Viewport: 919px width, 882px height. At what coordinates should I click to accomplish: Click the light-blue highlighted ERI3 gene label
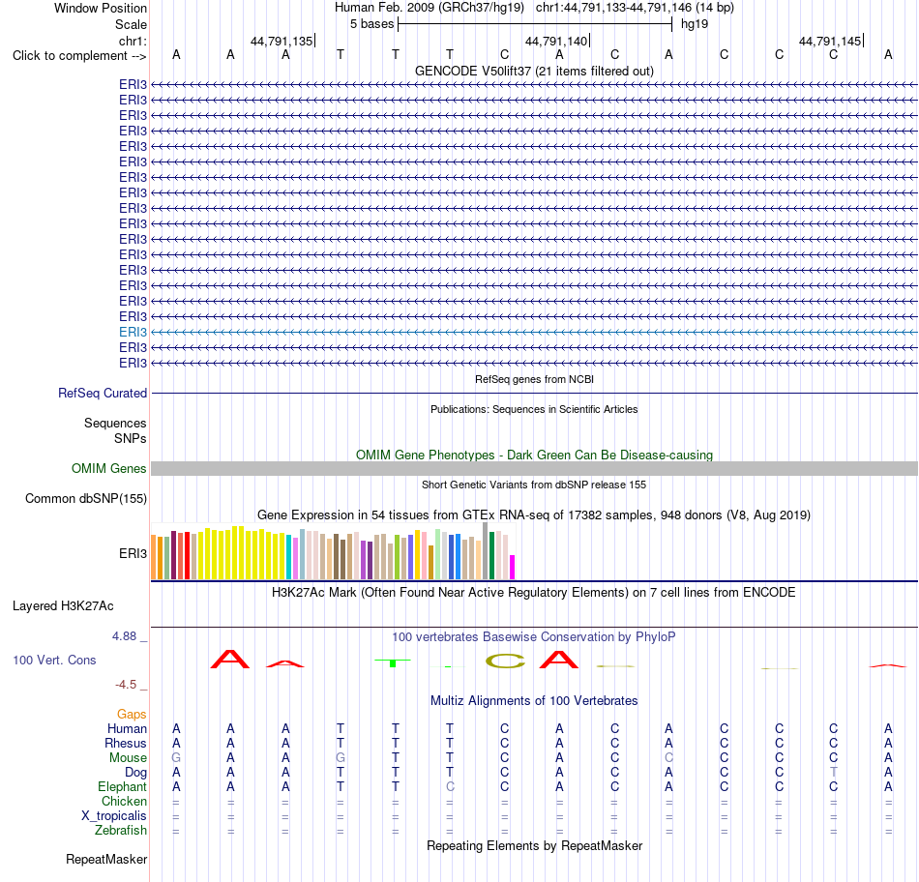point(133,333)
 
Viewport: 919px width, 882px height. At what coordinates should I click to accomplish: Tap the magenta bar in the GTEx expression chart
point(513,567)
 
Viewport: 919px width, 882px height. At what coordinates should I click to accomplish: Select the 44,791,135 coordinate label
point(282,41)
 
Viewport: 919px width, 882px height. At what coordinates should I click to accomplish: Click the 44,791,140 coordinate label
point(556,41)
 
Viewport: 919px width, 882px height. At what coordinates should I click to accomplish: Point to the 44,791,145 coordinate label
point(830,41)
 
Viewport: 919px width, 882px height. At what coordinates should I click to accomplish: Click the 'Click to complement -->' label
point(79,56)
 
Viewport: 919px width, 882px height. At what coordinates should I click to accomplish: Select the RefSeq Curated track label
point(103,393)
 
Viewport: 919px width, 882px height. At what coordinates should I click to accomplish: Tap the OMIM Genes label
point(109,468)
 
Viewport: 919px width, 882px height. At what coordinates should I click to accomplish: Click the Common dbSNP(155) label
point(86,499)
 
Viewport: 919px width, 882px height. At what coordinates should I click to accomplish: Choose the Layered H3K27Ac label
point(63,606)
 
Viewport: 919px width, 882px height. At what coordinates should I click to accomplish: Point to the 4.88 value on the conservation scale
point(124,635)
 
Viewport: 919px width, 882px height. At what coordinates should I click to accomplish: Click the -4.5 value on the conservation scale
point(126,685)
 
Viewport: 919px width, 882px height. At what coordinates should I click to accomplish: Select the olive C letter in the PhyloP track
point(505,661)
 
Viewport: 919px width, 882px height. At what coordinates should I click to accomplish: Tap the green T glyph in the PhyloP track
point(394,662)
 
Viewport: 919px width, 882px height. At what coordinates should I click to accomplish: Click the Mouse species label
point(128,758)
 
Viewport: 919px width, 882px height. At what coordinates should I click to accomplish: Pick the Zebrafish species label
point(121,831)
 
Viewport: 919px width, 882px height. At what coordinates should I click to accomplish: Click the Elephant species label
point(123,786)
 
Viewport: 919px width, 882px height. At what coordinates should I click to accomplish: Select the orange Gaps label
point(132,714)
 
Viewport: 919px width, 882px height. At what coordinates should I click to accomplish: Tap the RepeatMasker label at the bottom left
point(106,859)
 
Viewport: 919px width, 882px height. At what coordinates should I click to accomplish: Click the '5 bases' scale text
point(372,24)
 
